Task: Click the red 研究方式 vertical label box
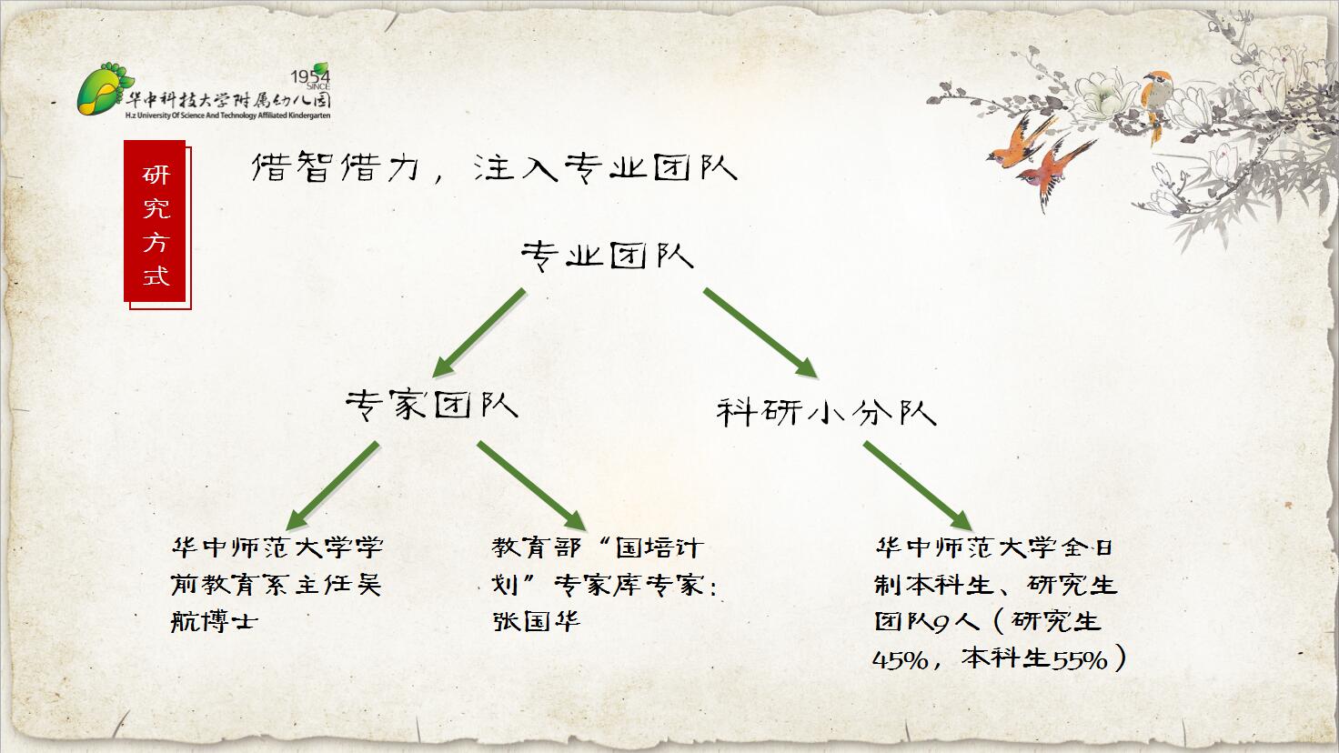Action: point(156,224)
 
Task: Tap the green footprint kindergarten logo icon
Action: point(104,89)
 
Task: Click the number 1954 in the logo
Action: point(309,76)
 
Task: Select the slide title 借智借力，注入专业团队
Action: point(494,167)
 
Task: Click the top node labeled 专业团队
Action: point(608,256)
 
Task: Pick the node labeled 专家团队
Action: point(431,406)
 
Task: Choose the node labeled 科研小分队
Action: point(826,411)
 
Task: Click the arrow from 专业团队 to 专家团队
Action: point(478,333)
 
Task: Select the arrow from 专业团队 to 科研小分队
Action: point(760,333)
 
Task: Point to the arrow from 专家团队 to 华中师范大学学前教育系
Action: point(332,486)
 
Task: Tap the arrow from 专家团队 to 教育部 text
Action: point(531,486)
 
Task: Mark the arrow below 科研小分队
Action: point(918,486)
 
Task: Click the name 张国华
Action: point(536,621)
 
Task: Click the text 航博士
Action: point(214,621)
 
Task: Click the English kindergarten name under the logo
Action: point(227,115)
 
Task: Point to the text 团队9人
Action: point(927,622)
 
